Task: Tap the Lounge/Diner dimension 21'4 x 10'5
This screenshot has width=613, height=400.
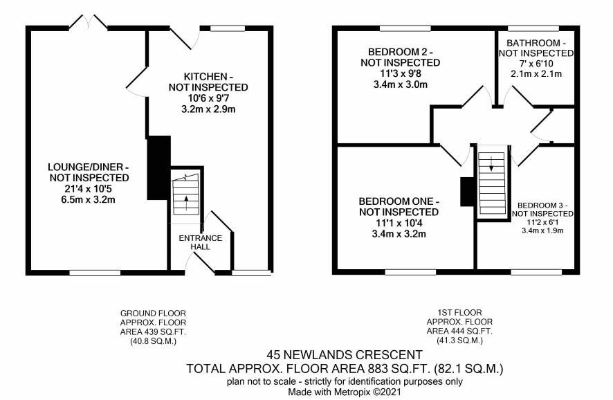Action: (x=89, y=189)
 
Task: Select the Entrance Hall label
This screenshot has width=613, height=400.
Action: (x=200, y=242)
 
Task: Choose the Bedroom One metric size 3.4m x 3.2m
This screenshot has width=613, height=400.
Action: (x=399, y=234)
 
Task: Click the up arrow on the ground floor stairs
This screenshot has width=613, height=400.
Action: (x=186, y=203)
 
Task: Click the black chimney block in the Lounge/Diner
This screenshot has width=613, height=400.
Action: (x=158, y=167)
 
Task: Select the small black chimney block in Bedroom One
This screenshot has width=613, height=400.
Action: (x=467, y=192)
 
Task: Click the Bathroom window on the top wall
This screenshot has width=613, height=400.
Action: (x=533, y=28)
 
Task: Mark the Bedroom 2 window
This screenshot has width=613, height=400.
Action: (x=405, y=28)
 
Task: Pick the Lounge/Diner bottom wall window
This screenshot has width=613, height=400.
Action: (x=95, y=273)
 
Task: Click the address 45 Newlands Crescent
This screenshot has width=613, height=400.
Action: (x=345, y=354)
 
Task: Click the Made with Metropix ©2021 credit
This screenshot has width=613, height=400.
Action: (x=345, y=392)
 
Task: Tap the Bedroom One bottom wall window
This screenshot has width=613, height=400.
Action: (x=410, y=272)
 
